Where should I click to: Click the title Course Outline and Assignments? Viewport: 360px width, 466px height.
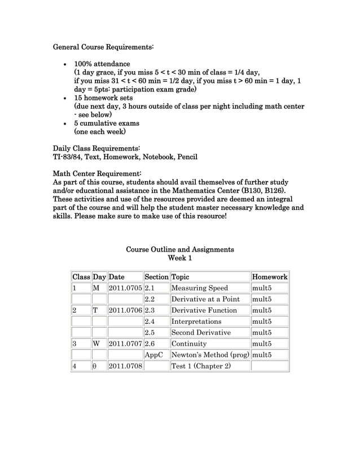coord(180,249)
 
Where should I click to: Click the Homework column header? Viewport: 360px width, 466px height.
coord(269,277)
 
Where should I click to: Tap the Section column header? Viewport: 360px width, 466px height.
coord(156,277)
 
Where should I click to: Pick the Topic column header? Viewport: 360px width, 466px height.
coord(181,277)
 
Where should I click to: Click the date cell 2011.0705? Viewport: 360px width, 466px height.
coord(125,288)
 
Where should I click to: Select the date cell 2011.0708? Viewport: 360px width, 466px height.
coord(125,366)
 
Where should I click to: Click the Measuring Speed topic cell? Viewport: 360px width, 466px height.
coord(199,288)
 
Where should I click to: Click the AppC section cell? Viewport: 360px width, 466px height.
coord(153,355)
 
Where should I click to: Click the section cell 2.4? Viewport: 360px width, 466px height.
coord(150,322)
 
